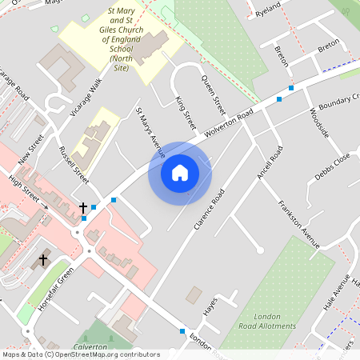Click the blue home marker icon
point(180,173)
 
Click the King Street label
point(185,113)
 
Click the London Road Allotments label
point(269,321)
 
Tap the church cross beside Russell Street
point(82,208)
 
